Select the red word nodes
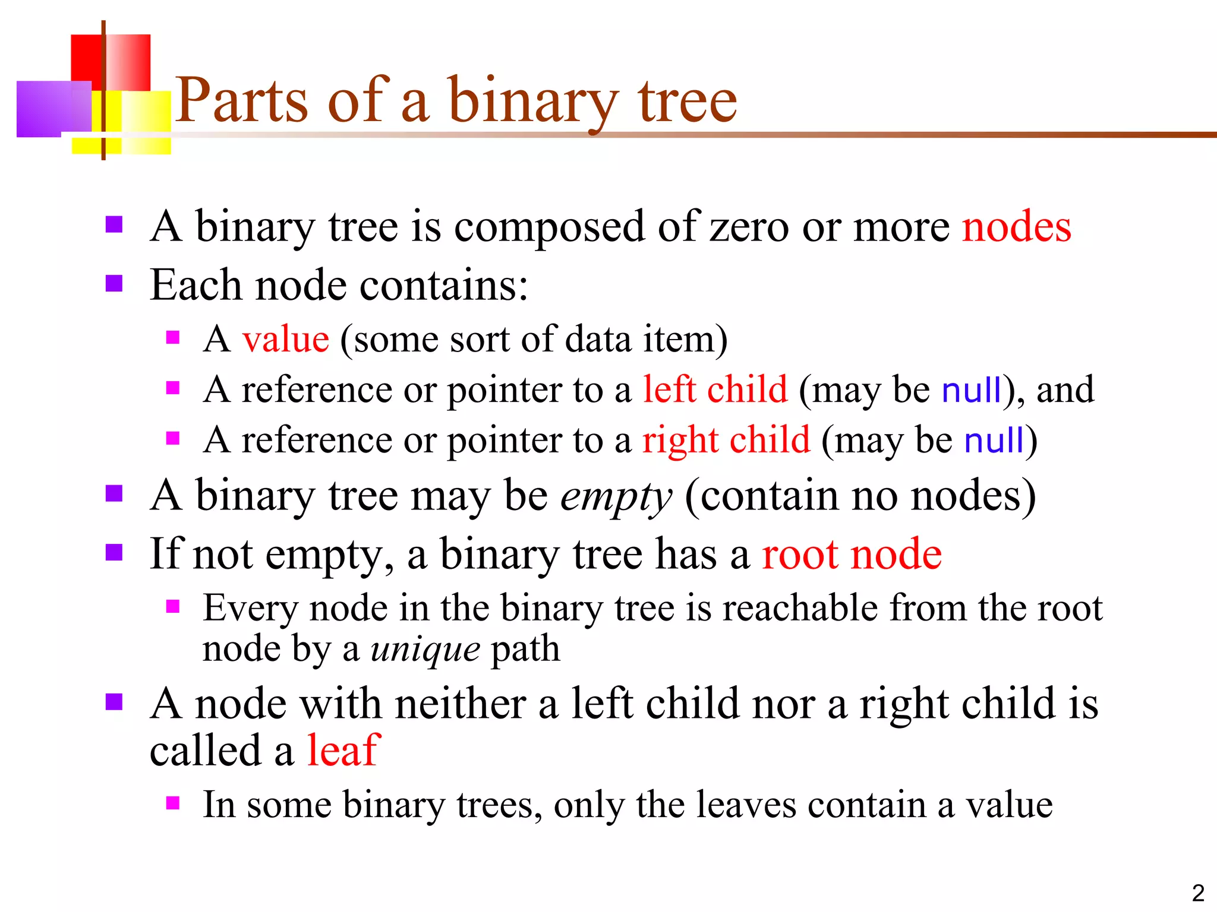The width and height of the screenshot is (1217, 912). pyautogui.click(x=1016, y=227)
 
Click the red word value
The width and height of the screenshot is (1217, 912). pyautogui.click(x=285, y=340)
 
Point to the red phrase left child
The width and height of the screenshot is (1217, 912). pyautogui.click(x=715, y=390)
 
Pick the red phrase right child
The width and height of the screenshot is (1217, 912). pyautogui.click(x=726, y=441)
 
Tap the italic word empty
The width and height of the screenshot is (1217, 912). pyautogui.click(x=616, y=496)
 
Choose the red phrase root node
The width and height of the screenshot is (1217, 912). pyautogui.click(x=852, y=554)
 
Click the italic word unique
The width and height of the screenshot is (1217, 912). pyautogui.click(x=425, y=649)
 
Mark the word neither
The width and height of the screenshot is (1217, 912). pyautogui.click(x=460, y=704)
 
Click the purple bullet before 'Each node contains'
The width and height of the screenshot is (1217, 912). pyautogui.click(x=114, y=284)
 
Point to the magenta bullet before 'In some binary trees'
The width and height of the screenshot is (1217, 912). pyautogui.click(x=173, y=803)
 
